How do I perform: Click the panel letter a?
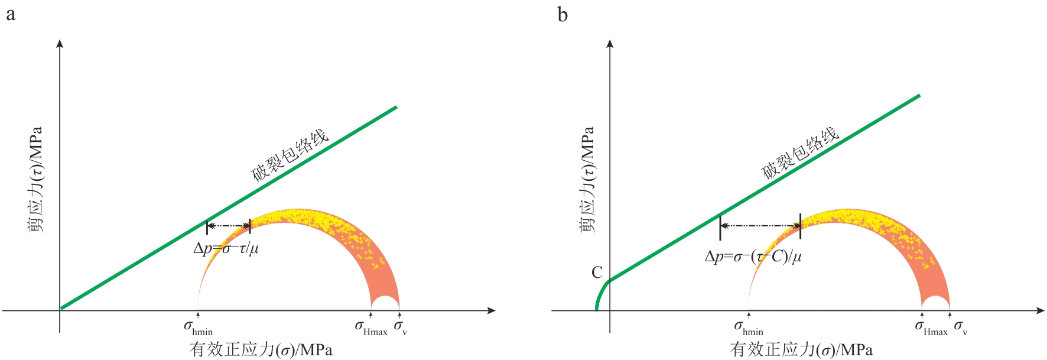tap(11, 14)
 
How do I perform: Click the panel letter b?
tap(562, 14)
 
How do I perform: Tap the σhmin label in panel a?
tap(198, 327)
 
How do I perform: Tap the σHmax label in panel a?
tap(371, 327)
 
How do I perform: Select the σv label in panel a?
tap(401, 327)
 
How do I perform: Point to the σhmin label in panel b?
tap(749, 327)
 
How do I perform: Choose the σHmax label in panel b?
tap(931, 327)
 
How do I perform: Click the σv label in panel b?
tap(961, 327)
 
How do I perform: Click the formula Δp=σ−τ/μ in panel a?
tap(226, 249)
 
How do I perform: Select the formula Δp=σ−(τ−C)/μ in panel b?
tap(753, 257)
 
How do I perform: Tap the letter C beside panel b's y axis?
tap(597, 273)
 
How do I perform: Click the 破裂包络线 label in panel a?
tap(290, 155)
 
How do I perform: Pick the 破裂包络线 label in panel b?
tap(800, 153)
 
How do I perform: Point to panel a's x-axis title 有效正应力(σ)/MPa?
tap(261, 350)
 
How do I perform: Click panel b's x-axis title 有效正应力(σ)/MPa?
tap(801, 350)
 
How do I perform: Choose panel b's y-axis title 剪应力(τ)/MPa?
tap(587, 179)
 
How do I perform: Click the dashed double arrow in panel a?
tap(229, 226)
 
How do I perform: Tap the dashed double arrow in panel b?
tap(760, 226)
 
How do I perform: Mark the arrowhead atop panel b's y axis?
tap(610, 44)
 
